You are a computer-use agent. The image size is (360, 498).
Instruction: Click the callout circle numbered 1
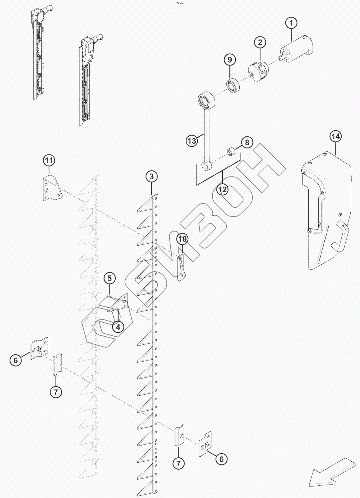(291, 23)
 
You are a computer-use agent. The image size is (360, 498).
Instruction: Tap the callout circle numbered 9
(229, 60)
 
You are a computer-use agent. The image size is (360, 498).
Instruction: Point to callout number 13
(192, 141)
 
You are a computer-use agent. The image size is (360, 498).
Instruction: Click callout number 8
(247, 143)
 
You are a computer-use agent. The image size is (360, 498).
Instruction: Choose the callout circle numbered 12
(223, 189)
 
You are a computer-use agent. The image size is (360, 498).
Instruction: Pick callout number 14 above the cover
(335, 136)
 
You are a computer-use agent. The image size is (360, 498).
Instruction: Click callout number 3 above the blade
(152, 177)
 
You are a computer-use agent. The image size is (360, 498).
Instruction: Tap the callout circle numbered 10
(182, 239)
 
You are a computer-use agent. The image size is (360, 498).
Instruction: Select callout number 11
(49, 161)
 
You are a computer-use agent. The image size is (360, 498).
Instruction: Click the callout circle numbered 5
(109, 278)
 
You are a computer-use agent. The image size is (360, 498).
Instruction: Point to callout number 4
(118, 327)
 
